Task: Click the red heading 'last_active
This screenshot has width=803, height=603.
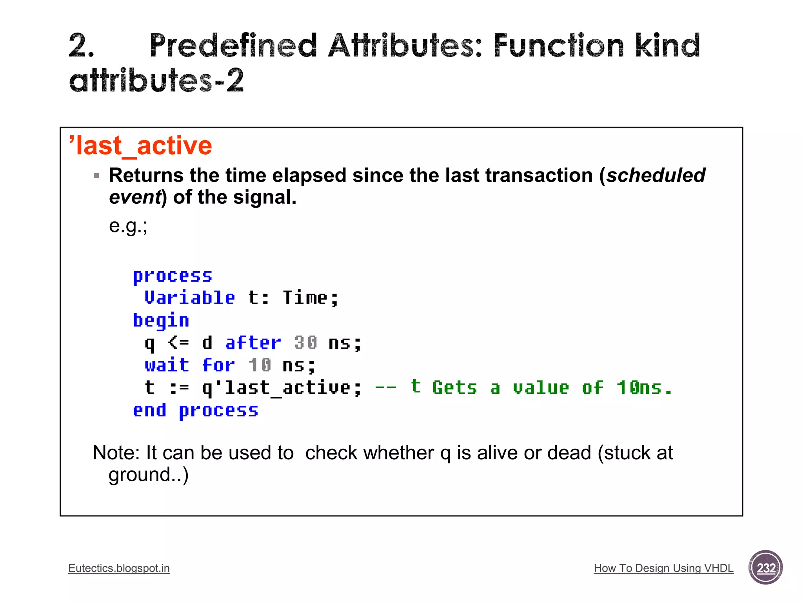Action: pyautogui.click(x=140, y=146)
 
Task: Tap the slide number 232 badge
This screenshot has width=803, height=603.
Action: pyautogui.click(x=765, y=568)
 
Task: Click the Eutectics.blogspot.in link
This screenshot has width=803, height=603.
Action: pyautogui.click(x=119, y=568)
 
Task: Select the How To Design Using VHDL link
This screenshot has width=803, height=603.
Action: pyautogui.click(x=663, y=568)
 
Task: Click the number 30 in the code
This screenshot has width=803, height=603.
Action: pyautogui.click(x=305, y=343)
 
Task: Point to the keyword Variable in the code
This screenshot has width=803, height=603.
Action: pyautogui.click(x=190, y=298)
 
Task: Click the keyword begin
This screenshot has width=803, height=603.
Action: pyautogui.click(x=161, y=321)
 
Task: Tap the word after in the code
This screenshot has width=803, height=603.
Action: pyautogui.click(x=253, y=343)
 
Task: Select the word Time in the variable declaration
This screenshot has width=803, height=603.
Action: pyautogui.click(x=305, y=298)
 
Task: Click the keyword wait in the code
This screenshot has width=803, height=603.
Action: pyautogui.click(x=167, y=365)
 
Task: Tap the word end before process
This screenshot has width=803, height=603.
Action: pyautogui.click(x=149, y=411)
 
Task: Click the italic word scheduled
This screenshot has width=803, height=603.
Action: pyautogui.click(x=656, y=175)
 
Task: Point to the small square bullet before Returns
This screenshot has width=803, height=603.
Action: pyautogui.click(x=96, y=176)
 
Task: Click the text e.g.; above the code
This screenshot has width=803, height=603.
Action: pyautogui.click(x=128, y=226)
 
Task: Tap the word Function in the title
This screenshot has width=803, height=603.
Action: pyautogui.click(x=558, y=46)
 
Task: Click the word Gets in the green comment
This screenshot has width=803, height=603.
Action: pyautogui.click(x=454, y=388)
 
